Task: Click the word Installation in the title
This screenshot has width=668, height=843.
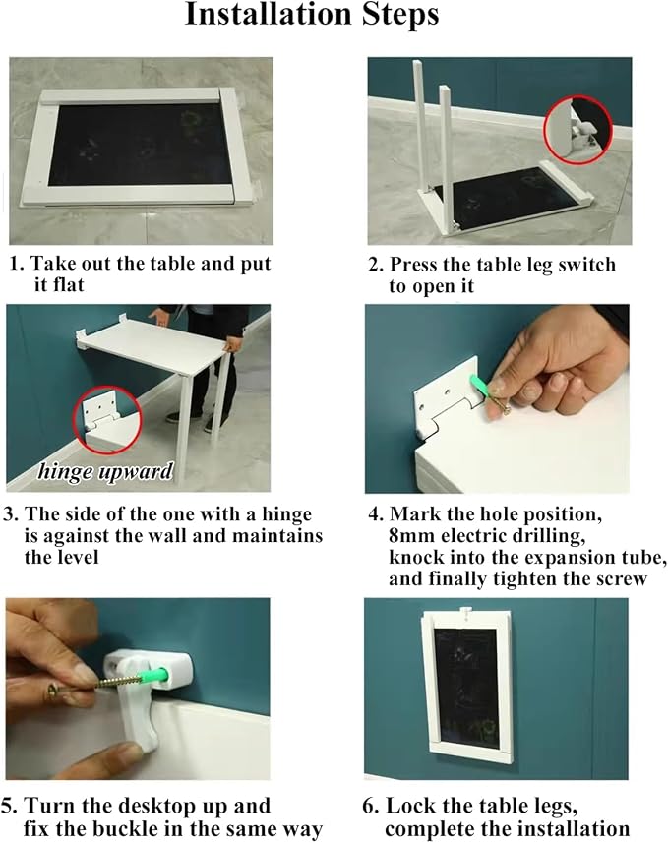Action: click(269, 15)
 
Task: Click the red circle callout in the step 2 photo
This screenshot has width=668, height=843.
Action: click(578, 131)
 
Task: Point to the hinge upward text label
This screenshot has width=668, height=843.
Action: click(105, 471)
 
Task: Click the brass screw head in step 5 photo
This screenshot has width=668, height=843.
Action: click(54, 692)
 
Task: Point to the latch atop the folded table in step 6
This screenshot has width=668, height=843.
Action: click(467, 611)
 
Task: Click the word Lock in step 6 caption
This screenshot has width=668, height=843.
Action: click(407, 806)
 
